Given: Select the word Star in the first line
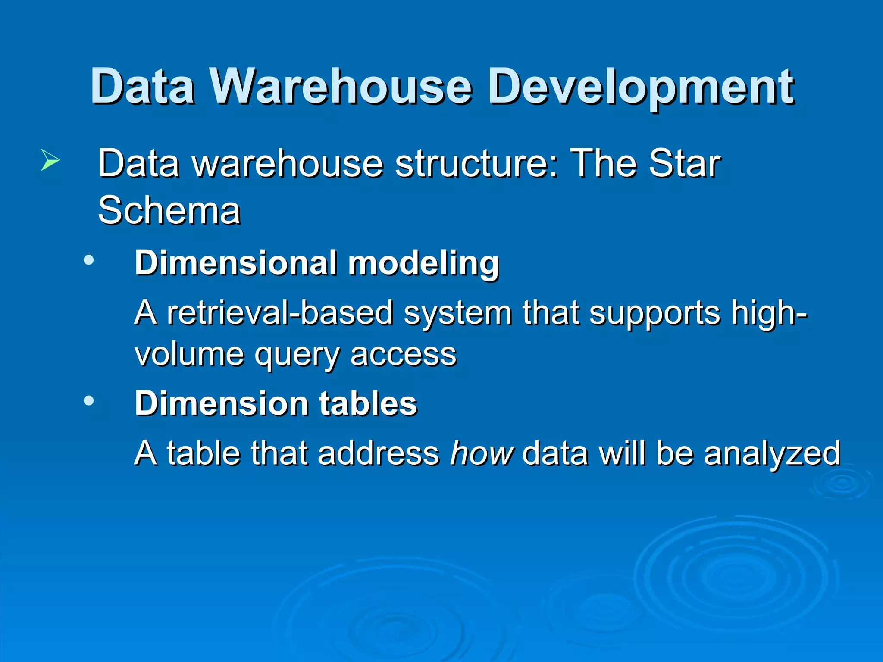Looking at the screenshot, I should pyautogui.click(x=685, y=163).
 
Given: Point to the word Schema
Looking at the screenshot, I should pyautogui.click(x=169, y=210).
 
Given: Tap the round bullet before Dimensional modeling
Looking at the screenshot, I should pyautogui.click(x=89, y=260).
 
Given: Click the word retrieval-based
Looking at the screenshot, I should pyautogui.click(x=280, y=312).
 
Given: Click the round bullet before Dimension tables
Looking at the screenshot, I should pyautogui.click(x=89, y=401).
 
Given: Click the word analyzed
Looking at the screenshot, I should pyautogui.click(x=772, y=454).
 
